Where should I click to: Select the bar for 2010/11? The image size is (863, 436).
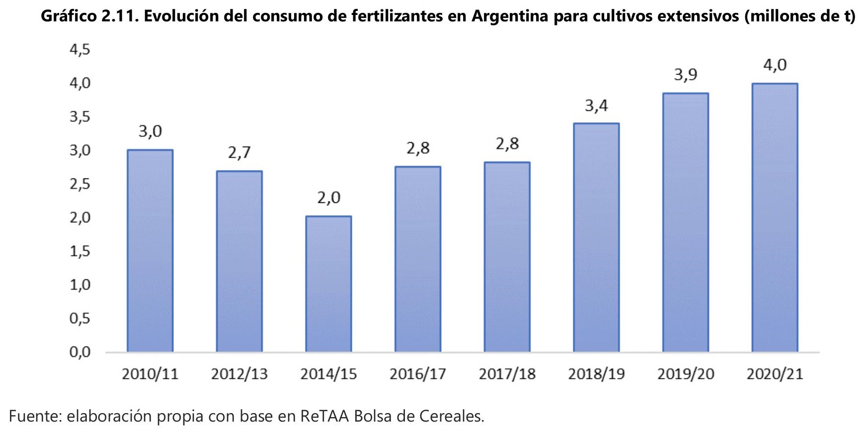(x=150, y=251)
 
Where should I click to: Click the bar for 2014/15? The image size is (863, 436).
(x=328, y=284)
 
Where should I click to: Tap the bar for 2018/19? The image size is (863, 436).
(x=596, y=237)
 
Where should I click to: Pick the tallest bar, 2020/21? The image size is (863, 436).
(x=775, y=217)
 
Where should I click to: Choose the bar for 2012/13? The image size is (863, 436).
(x=239, y=261)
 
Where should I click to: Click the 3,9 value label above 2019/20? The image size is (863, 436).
(x=686, y=75)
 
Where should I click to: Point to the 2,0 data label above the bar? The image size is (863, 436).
(x=328, y=198)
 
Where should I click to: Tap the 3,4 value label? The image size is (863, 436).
(x=596, y=105)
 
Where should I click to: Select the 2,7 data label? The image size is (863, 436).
(x=239, y=153)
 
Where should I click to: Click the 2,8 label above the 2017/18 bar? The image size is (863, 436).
(x=507, y=144)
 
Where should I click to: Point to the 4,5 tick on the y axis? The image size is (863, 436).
(x=80, y=49)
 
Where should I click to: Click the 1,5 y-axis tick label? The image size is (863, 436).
(x=80, y=251)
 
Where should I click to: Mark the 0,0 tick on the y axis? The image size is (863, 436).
(x=80, y=352)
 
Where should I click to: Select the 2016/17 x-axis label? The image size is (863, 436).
(x=418, y=374)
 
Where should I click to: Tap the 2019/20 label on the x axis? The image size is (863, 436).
(x=686, y=374)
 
